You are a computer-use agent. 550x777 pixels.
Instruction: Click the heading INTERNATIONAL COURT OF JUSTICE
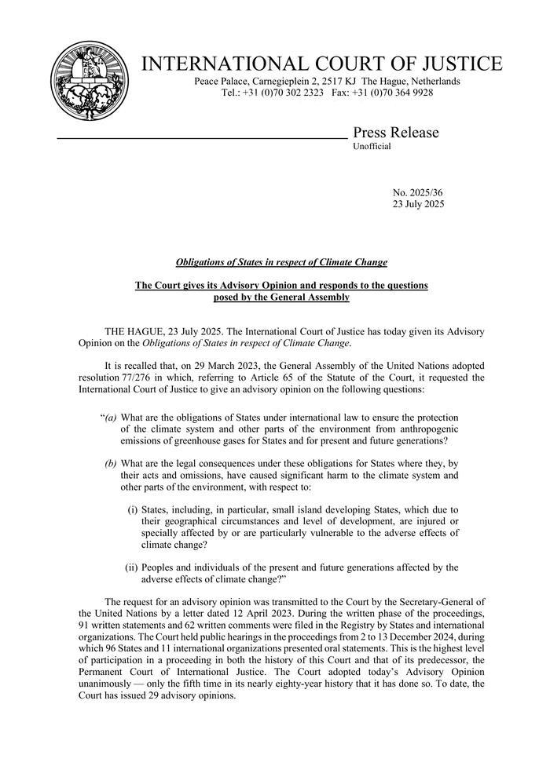point(321,64)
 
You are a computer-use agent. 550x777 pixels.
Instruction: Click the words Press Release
point(396,133)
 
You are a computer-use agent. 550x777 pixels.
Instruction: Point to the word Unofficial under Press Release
point(372,147)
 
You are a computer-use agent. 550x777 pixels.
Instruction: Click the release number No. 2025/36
point(418,192)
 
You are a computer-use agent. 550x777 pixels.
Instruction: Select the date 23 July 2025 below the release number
point(418,204)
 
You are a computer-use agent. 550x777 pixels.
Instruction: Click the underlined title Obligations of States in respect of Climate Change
point(281,262)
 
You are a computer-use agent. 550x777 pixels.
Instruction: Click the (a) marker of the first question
point(109,418)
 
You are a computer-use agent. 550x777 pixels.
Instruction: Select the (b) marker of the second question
point(111,463)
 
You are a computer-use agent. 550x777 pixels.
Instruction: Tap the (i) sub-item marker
point(132,509)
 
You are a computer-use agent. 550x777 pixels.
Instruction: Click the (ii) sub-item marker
point(131,567)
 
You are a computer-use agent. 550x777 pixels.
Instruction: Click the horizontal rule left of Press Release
point(201,138)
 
